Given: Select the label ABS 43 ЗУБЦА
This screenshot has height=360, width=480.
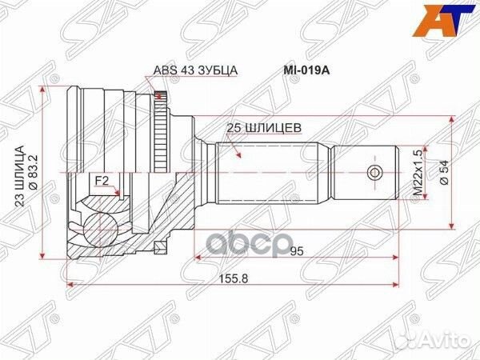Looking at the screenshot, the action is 195,70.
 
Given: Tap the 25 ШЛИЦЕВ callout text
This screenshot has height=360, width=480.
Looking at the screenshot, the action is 264,128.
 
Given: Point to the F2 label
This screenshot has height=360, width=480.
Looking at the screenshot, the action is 102,182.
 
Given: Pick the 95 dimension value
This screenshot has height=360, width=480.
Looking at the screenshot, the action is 297,251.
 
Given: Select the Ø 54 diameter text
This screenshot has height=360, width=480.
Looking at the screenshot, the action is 445,172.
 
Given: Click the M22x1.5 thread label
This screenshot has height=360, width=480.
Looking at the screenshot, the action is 418,172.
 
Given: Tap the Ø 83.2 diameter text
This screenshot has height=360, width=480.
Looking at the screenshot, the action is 33,172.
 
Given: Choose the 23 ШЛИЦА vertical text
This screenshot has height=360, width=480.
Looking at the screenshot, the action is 19,176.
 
